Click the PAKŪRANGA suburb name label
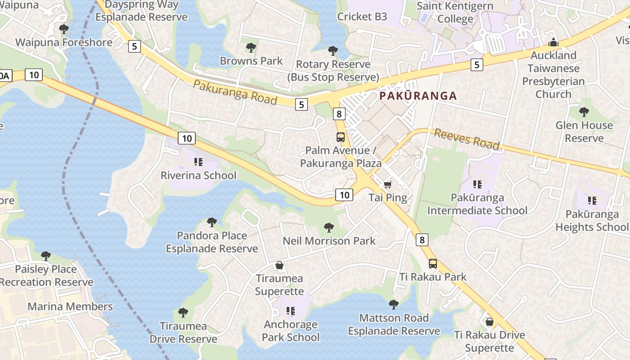[x=418, y=96]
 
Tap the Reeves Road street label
[x=467, y=139]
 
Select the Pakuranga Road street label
[x=235, y=92]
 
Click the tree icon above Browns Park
[x=251, y=48]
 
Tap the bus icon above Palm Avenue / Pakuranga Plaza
[x=341, y=137]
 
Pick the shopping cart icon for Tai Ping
[x=387, y=184]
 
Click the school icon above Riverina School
[x=198, y=162]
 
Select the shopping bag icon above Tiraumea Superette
[x=279, y=265]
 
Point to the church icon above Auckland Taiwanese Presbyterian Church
[x=553, y=43]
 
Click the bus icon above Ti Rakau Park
[x=432, y=264]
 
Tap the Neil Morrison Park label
[x=329, y=241]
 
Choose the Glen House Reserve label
[x=584, y=131]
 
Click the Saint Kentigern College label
[x=455, y=13]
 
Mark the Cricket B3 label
[x=362, y=17]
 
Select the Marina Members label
[x=70, y=306]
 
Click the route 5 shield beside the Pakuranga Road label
[x=301, y=104]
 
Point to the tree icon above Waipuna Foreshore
[x=64, y=29]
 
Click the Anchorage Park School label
[x=291, y=331]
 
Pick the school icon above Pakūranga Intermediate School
[x=477, y=184]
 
